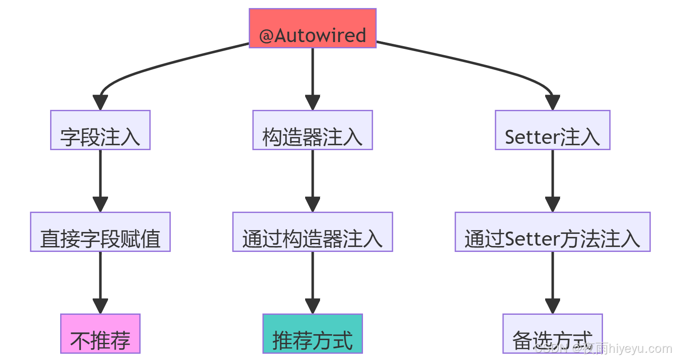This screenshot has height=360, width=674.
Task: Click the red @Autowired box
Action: click(x=312, y=28)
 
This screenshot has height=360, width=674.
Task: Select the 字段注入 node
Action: click(x=100, y=130)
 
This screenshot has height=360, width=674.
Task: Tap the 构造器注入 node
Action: click(x=312, y=130)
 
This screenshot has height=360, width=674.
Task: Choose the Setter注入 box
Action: click(x=552, y=130)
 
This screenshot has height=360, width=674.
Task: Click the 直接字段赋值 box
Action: click(x=100, y=232)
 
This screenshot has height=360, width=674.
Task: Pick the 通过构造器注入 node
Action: click(x=312, y=232)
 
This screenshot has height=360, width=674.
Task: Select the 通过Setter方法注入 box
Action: click(x=552, y=232)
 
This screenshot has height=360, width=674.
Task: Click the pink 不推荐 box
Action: click(x=100, y=334)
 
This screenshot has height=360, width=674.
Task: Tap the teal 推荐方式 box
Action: click(x=312, y=334)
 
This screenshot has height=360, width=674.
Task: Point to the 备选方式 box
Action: click(x=552, y=334)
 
